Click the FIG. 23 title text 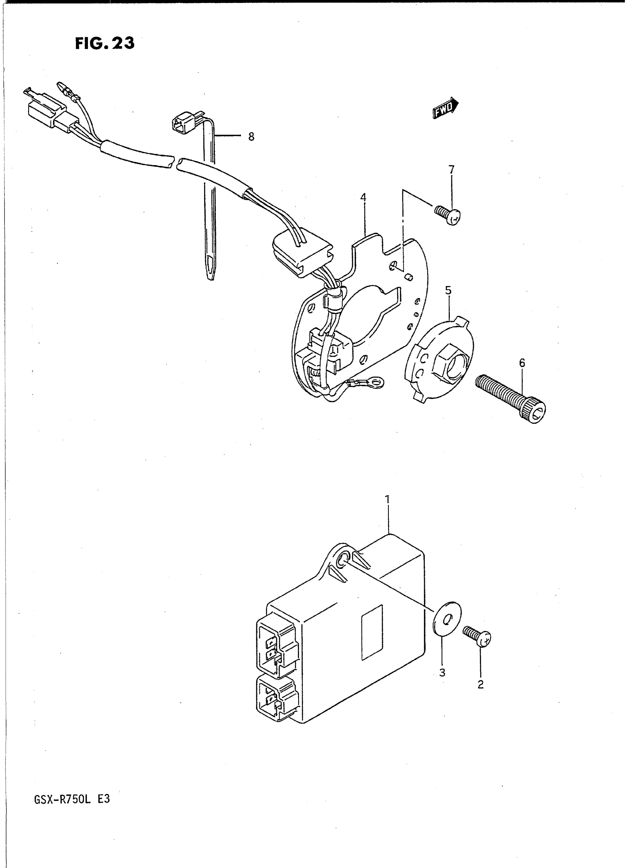point(105,43)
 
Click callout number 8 point(251,137)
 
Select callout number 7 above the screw point(451,169)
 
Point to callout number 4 point(363,198)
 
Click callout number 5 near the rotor point(448,291)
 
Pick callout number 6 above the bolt point(522,362)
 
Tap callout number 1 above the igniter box point(387,499)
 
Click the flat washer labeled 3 point(447,619)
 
